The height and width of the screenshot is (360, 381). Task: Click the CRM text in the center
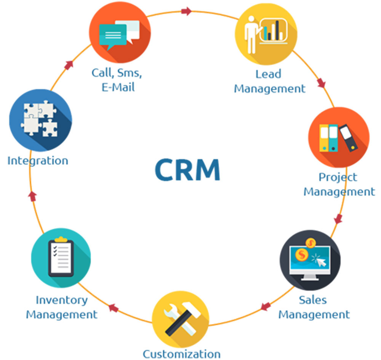[x=187, y=170]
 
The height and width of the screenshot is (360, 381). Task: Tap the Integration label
[x=38, y=160]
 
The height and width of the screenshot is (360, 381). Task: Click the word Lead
[x=268, y=74]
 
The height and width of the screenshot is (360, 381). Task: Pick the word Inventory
[x=61, y=300]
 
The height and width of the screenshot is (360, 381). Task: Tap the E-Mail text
[x=118, y=87]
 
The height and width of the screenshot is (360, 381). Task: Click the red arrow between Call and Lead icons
[x=186, y=11]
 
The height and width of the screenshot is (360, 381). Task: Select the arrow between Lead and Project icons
[x=322, y=83]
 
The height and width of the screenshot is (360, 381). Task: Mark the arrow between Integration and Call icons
[x=69, y=65]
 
